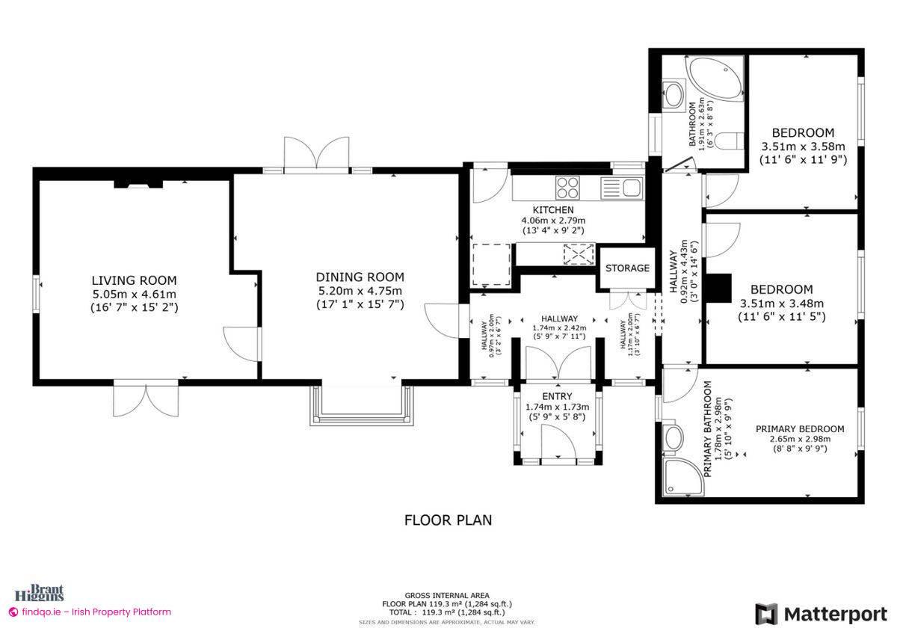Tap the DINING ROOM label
(x=360, y=277)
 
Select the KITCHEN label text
(x=553, y=210)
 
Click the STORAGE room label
(x=627, y=268)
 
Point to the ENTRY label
(x=557, y=396)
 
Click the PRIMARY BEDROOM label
(x=800, y=428)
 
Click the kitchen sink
(x=622, y=187)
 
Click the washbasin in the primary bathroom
(x=673, y=439)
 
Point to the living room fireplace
(x=138, y=183)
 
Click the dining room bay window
(x=362, y=407)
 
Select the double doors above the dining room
(x=318, y=156)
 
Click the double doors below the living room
(x=147, y=398)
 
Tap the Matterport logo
(x=821, y=614)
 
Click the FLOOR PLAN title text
(x=448, y=520)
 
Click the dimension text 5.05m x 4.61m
(x=134, y=294)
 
